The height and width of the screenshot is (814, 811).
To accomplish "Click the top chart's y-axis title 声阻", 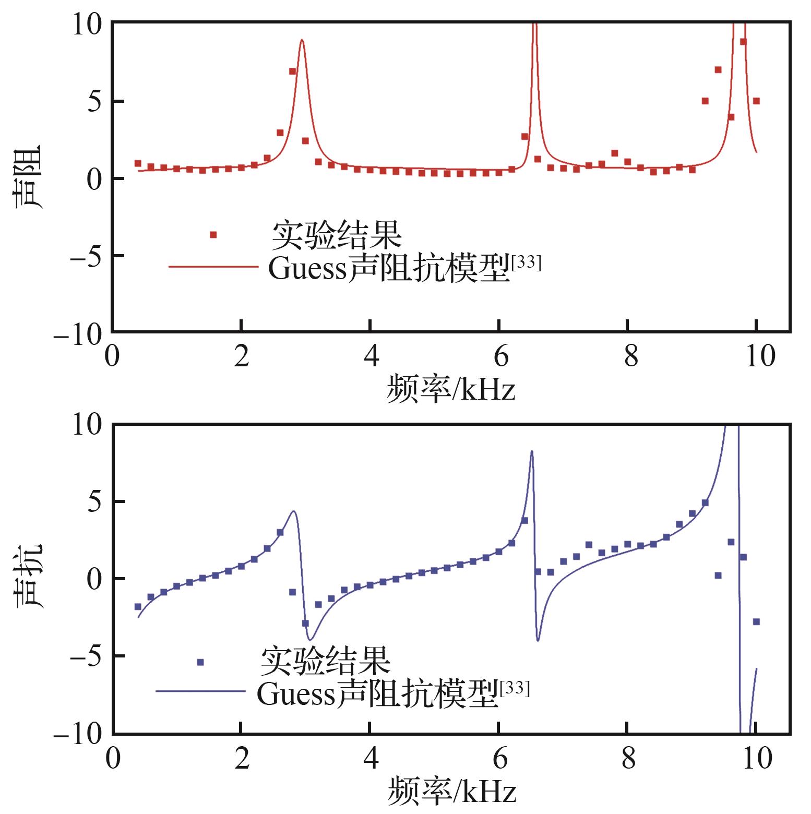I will pos(27,177).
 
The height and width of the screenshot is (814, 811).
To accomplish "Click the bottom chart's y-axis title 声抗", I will pos(27,577).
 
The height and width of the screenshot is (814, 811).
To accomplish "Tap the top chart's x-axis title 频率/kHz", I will pos(451,389).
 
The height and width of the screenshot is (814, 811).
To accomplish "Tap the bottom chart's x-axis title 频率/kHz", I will pos(451,791).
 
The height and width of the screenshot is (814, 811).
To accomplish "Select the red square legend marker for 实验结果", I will pos(213,235).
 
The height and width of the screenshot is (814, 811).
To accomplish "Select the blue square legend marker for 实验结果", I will pos(200,662).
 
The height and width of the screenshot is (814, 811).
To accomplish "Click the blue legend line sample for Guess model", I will pos(200,691).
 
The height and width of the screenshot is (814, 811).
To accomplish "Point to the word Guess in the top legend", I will pos(307,269).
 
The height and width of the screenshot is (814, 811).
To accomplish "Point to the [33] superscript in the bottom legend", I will pos(515,689).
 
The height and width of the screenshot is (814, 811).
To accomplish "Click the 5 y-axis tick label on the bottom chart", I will pos(94,501).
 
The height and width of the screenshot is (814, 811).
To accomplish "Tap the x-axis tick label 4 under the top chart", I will pos(371,356).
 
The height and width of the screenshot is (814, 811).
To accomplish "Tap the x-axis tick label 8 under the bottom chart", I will pos(628,758).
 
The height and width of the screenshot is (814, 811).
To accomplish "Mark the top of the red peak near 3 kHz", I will pos(302,40).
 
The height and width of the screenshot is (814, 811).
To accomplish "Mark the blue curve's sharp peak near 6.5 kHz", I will pos(531,451).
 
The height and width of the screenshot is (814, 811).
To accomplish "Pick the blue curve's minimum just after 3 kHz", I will pos(310,639).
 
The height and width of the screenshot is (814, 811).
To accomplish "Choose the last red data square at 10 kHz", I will pos(756,101).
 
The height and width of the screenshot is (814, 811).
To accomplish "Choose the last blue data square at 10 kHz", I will pos(756,621).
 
